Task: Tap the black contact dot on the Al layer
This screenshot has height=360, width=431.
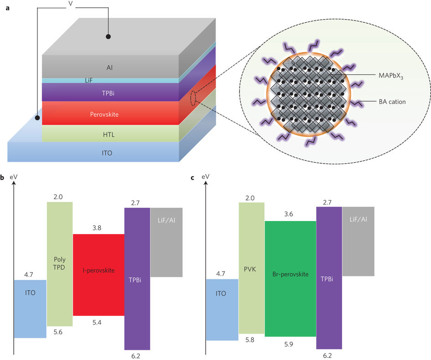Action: (x=108, y=36)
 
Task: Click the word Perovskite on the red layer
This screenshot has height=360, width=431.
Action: (x=104, y=115)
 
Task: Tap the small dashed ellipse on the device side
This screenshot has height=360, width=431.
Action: (x=193, y=98)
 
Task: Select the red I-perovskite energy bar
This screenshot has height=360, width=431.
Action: (x=98, y=275)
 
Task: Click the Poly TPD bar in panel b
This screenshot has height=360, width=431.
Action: (x=60, y=264)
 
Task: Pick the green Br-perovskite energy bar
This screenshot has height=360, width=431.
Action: (x=290, y=278)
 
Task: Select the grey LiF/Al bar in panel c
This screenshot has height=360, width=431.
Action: (x=358, y=242)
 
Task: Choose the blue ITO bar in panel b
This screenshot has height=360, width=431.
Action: (x=30, y=309)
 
